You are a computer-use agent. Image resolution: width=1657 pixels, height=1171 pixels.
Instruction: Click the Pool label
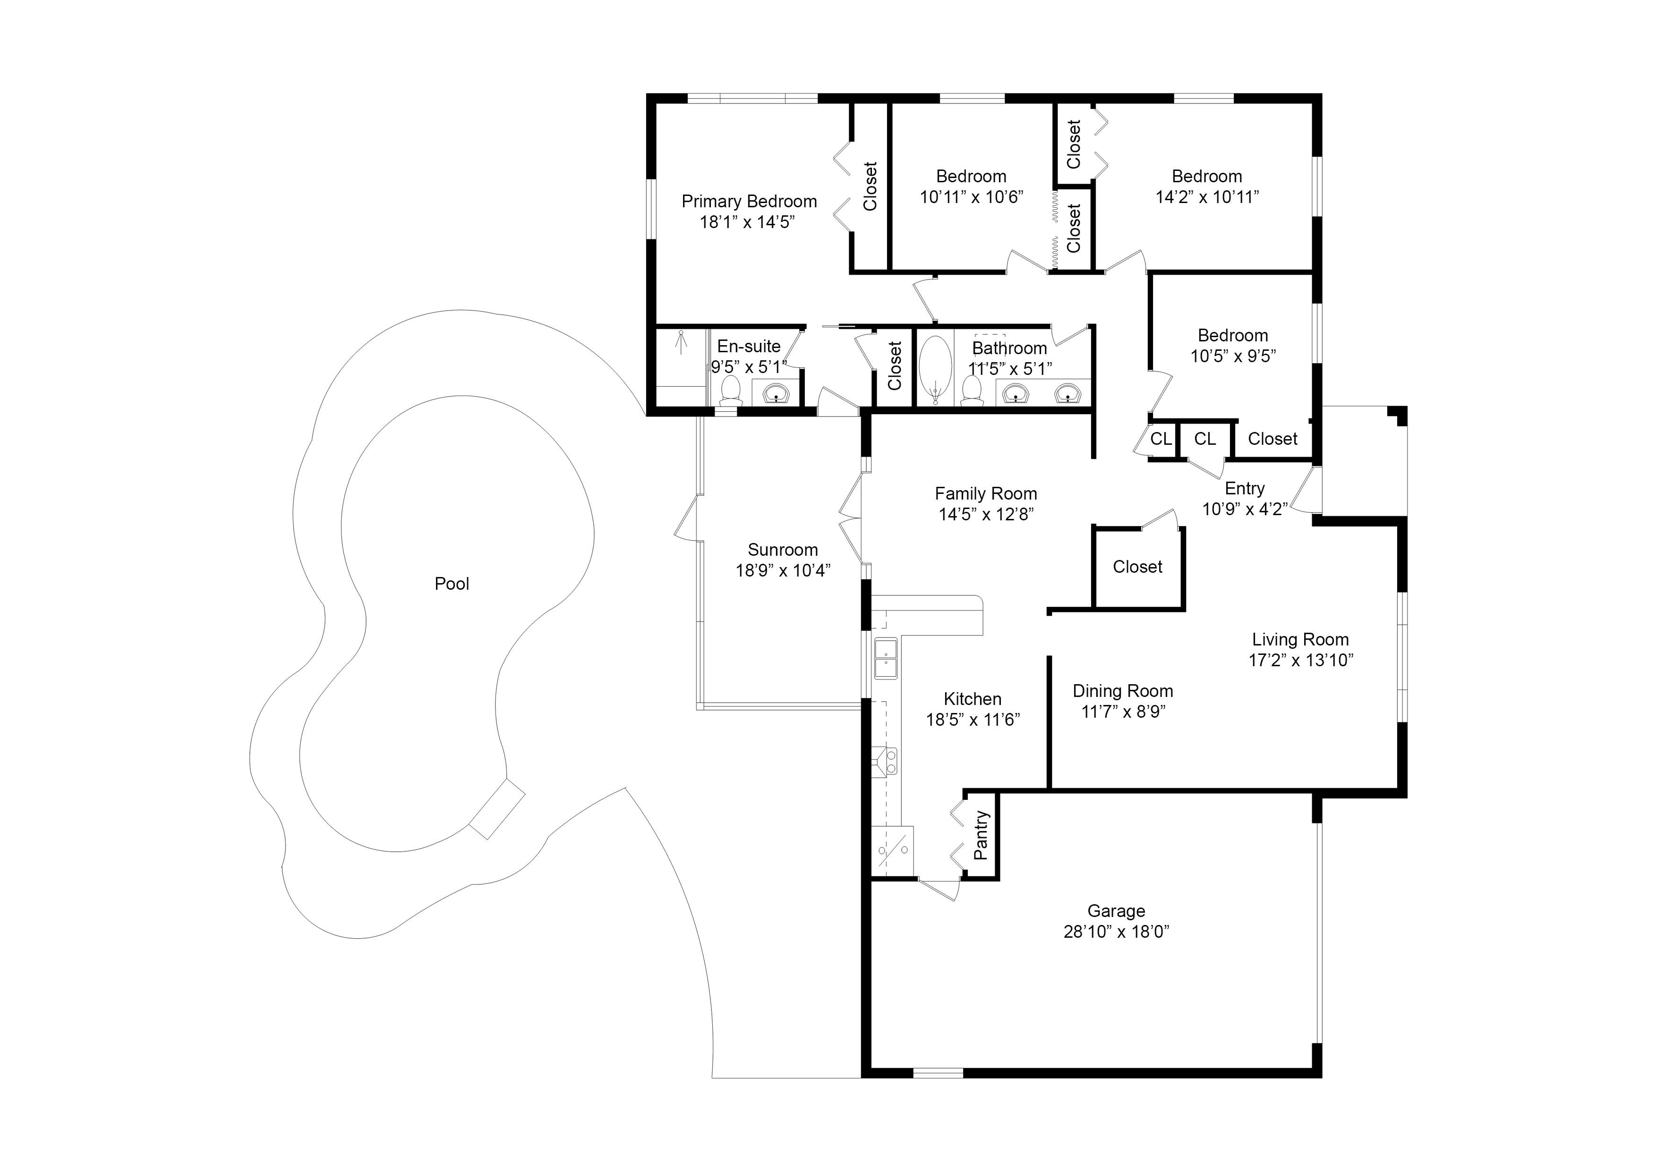(451, 584)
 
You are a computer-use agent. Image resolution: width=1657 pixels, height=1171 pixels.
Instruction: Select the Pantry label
(981, 835)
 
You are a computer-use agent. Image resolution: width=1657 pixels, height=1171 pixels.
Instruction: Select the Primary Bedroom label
(749, 201)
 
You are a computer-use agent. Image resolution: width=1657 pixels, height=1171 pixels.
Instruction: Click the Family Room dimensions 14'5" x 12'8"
(986, 514)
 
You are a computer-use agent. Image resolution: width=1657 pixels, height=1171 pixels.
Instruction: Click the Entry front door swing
(1307, 490)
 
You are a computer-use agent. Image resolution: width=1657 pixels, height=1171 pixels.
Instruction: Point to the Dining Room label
(1122, 691)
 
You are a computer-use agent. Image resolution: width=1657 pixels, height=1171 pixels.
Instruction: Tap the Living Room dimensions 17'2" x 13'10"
(1300, 660)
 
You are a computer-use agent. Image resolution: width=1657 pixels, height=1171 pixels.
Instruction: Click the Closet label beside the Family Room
(1137, 567)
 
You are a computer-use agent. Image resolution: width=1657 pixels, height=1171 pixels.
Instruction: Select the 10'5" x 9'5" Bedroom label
(1233, 336)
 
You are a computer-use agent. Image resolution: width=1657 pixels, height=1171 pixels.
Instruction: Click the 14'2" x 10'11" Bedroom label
(1207, 177)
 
